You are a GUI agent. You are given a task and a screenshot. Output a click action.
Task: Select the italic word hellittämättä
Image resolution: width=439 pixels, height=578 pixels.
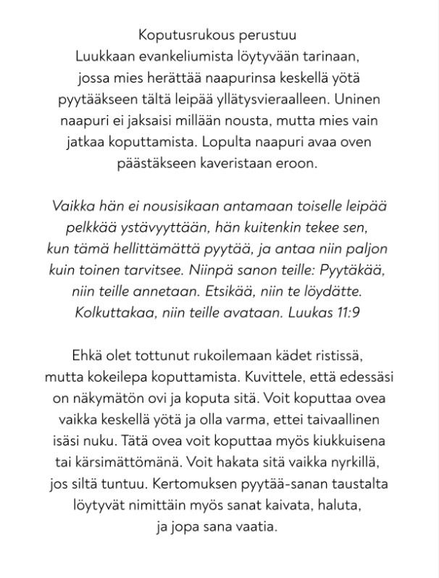tap(171, 249)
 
